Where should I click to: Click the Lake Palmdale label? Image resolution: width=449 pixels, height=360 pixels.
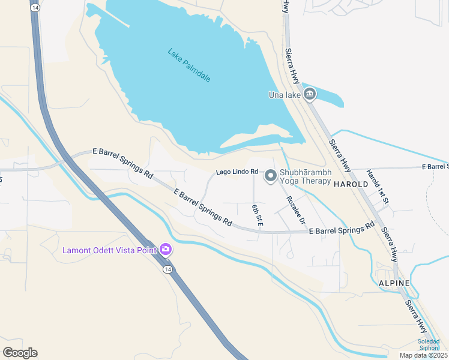(189, 65)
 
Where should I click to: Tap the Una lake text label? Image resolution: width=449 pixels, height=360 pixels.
(284, 94)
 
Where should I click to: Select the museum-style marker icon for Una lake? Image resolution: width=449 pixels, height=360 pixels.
(310, 94)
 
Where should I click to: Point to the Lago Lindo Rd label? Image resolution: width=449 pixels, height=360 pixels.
(237, 172)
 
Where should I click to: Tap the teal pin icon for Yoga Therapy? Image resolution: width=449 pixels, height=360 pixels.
(271, 176)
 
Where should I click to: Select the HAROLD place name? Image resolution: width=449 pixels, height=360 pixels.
(351, 184)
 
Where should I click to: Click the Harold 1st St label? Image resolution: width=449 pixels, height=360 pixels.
(378, 185)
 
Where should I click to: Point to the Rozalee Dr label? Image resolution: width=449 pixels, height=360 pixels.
(295, 210)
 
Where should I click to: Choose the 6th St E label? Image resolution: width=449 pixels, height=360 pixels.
(257, 215)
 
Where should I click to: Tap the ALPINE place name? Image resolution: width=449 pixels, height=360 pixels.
(394, 283)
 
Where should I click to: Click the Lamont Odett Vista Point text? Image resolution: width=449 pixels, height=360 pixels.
(109, 250)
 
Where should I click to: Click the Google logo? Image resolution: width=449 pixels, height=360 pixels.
(20, 352)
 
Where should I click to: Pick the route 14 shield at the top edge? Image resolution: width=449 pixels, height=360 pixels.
(36, 7)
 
